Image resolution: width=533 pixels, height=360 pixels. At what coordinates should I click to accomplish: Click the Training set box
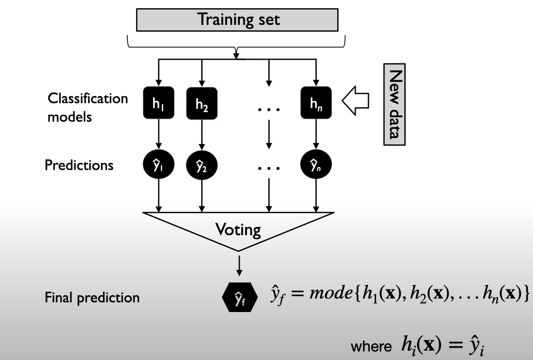237,20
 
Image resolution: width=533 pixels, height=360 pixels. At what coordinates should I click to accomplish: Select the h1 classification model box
159,102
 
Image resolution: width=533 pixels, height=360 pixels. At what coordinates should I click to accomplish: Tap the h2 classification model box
202,104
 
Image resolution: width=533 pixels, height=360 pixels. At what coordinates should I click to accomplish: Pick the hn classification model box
316,102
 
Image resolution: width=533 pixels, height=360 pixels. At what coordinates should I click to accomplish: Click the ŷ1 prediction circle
159,165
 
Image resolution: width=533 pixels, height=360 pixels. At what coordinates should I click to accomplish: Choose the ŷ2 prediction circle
202,165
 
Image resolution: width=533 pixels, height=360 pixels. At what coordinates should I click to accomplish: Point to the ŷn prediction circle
316,165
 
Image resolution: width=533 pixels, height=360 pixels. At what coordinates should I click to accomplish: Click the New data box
394,104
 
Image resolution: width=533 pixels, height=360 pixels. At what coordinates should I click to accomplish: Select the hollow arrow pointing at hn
355,101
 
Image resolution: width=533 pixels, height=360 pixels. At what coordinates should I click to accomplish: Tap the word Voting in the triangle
238,230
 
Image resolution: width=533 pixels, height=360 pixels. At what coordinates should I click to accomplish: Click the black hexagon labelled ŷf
240,297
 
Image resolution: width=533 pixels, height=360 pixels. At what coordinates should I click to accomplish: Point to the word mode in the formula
331,293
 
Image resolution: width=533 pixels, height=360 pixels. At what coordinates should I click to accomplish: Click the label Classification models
88,108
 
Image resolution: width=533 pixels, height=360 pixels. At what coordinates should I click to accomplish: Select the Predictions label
79,165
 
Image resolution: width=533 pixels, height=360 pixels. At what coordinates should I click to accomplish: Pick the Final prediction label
92,298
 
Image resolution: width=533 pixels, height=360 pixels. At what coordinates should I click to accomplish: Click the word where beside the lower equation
371,347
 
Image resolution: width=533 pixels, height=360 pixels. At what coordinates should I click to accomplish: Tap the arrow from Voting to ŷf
239,265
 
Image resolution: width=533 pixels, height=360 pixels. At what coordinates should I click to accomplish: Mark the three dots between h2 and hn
269,110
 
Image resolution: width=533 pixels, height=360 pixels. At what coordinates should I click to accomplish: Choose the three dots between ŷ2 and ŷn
269,168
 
